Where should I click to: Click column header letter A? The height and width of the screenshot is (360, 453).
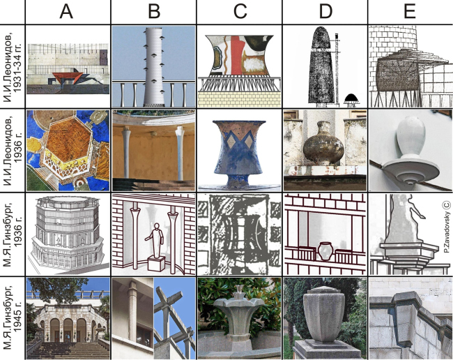[66, 12]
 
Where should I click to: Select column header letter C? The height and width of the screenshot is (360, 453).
[240, 12]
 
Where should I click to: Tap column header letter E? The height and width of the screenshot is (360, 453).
[410, 12]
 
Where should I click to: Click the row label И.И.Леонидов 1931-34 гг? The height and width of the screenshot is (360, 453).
[13, 66]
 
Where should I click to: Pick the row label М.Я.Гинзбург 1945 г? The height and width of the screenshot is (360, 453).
[13, 317]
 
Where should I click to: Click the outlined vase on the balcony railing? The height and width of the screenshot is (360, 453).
[325, 251]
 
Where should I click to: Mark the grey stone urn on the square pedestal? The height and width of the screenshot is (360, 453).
[324, 313]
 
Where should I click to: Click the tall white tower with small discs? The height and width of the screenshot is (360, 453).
[154, 66]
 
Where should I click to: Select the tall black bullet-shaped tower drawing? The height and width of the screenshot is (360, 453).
[320, 65]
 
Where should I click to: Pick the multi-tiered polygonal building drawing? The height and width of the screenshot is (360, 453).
[67, 233]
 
